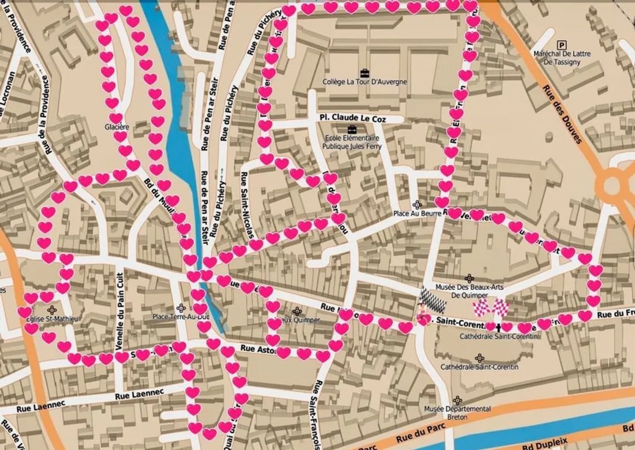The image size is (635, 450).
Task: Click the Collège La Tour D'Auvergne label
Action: tap(364, 82)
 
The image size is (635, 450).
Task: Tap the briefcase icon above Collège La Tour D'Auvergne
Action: tap(364, 73)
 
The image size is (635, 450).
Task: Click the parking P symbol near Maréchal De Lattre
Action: tap(561, 44)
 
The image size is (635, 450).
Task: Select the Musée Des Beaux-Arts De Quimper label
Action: tap(469, 291)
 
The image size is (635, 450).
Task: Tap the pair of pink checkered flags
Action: tap(491, 307)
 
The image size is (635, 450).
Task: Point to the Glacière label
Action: tap(117, 126)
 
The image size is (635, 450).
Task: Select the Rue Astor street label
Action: tap(256, 348)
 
